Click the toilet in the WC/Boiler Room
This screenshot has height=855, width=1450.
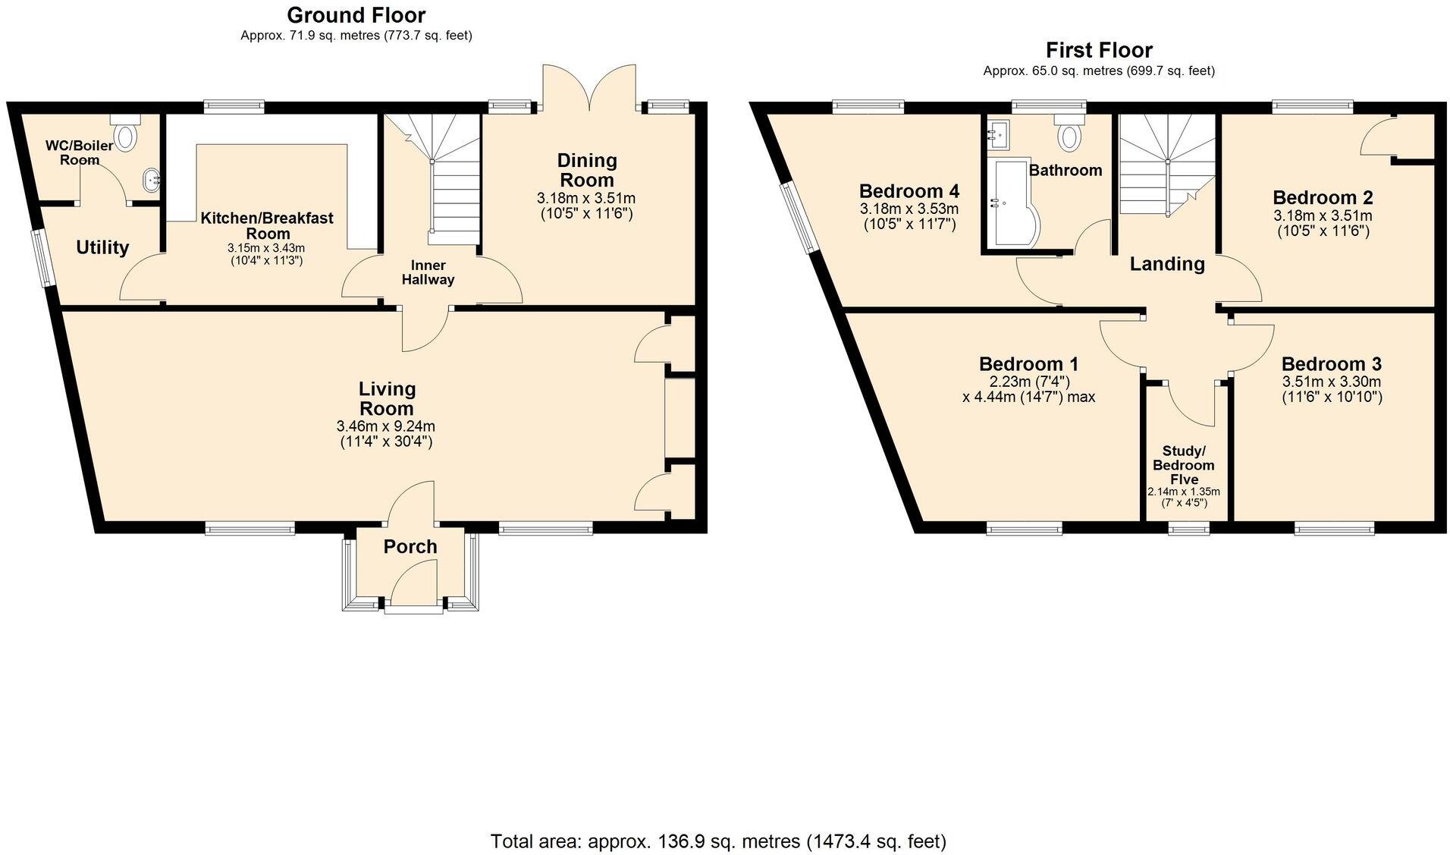point(126,134)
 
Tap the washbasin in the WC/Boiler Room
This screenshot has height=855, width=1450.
point(149,180)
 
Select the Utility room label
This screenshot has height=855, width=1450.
point(102,247)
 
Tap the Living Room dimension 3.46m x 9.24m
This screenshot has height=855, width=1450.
point(386,426)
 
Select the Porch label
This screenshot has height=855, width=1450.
point(410,546)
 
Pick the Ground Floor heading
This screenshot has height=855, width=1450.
point(356,15)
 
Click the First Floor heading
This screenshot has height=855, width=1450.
point(1099,50)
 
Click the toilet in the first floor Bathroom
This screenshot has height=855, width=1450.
point(1069,134)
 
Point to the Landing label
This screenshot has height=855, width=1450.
point(1166,264)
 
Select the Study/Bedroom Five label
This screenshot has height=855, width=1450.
point(1184,465)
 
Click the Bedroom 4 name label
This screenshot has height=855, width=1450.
point(909,190)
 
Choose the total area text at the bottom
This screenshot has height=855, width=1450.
point(718,841)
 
